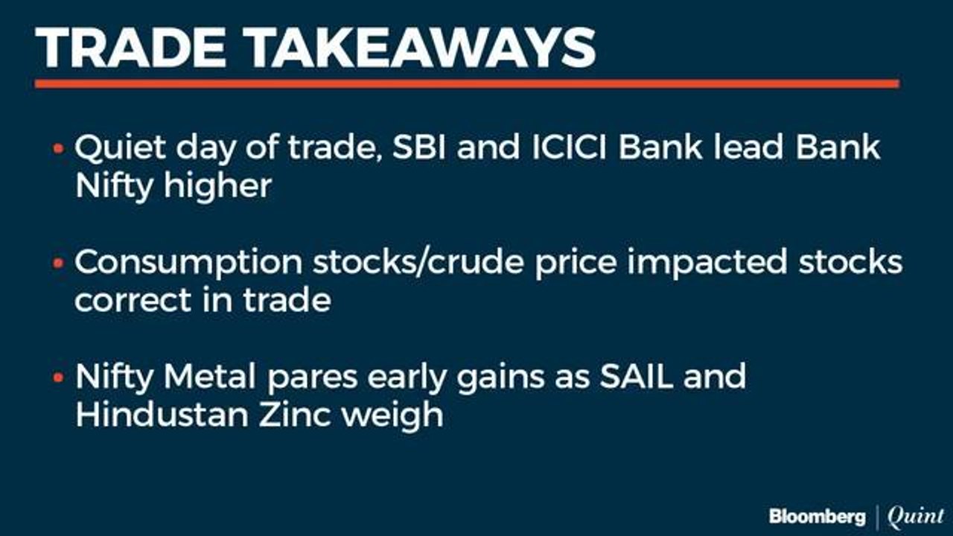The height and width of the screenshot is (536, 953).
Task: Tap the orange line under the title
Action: tap(466, 84)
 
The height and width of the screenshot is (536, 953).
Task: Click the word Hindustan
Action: tap(159, 415)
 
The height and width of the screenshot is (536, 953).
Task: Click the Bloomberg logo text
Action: tap(817, 516)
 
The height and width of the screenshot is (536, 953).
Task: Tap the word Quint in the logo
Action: tap(915, 516)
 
